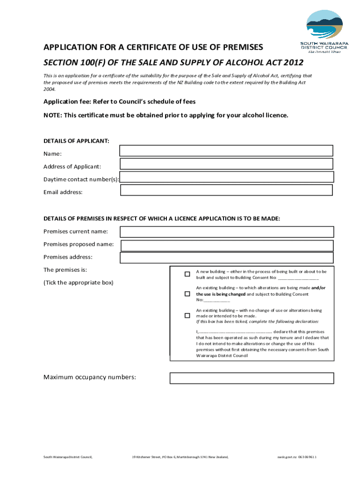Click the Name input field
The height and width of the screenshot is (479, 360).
coord(226,151)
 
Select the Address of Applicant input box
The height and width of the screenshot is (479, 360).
coord(226,164)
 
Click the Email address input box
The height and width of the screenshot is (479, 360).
coord(226,190)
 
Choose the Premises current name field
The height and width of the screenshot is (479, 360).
coord(226,232)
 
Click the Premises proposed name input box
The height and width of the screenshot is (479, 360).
coord(227,245)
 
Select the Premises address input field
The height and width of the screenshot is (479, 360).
coord(226,258)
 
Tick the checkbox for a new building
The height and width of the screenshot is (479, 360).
coord(187,274)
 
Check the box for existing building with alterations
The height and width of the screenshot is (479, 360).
coord(187,294)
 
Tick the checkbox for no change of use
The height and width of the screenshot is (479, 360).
coord(187,316)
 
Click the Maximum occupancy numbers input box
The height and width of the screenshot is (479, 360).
coord(252,378)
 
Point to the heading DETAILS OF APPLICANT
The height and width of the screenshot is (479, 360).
coord(76,141)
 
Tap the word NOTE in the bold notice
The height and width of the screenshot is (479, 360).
coord(52,115)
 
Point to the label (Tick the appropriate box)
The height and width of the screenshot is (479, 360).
coord(78,283)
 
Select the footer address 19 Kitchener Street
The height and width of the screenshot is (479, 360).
coord(147,457)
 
